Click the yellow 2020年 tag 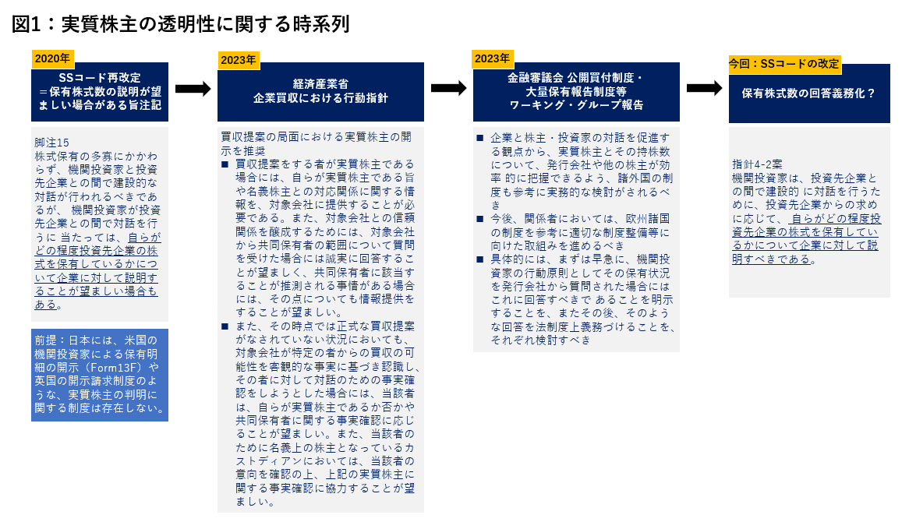52,59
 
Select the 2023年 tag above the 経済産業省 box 239,60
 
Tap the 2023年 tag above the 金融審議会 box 492,59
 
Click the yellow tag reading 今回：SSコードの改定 784,64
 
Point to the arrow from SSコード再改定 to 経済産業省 193,89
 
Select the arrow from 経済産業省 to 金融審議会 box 449,88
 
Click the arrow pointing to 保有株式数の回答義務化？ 705,88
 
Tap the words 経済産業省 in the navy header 320,84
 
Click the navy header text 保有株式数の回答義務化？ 808,93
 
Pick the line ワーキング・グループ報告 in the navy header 576,105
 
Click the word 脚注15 51,143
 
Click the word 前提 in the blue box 46,340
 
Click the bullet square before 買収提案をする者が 225,164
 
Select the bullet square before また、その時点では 225,326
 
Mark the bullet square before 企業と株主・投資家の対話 480,138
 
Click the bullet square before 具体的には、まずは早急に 480,259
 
